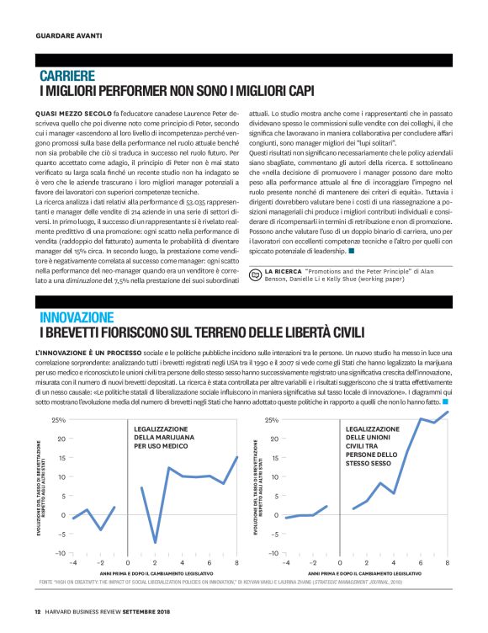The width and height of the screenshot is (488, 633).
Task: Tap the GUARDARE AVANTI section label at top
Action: (69, 35)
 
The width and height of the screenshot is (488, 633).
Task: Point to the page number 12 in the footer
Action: (38, 612)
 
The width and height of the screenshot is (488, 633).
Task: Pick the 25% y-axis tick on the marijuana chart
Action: (59, 419)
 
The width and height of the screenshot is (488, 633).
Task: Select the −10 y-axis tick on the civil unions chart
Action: (270, 552)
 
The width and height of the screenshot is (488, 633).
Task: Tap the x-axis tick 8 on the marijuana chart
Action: (238, 561)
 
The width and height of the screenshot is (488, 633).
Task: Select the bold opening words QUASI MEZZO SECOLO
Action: (76, 111)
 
